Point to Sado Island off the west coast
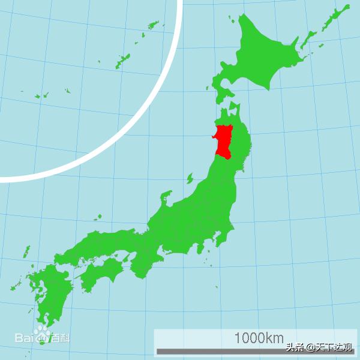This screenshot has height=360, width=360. [x=190, y=178]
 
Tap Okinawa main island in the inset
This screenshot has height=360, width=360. [x=122, y=60]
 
